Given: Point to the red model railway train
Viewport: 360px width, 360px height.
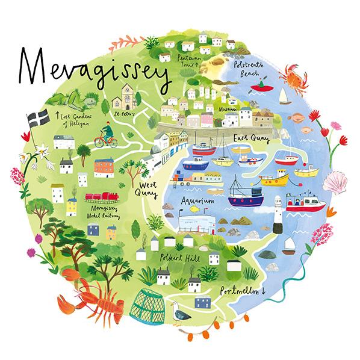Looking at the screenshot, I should pos(102,199).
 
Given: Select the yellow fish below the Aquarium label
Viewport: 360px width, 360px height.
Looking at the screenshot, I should pos(194,209).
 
